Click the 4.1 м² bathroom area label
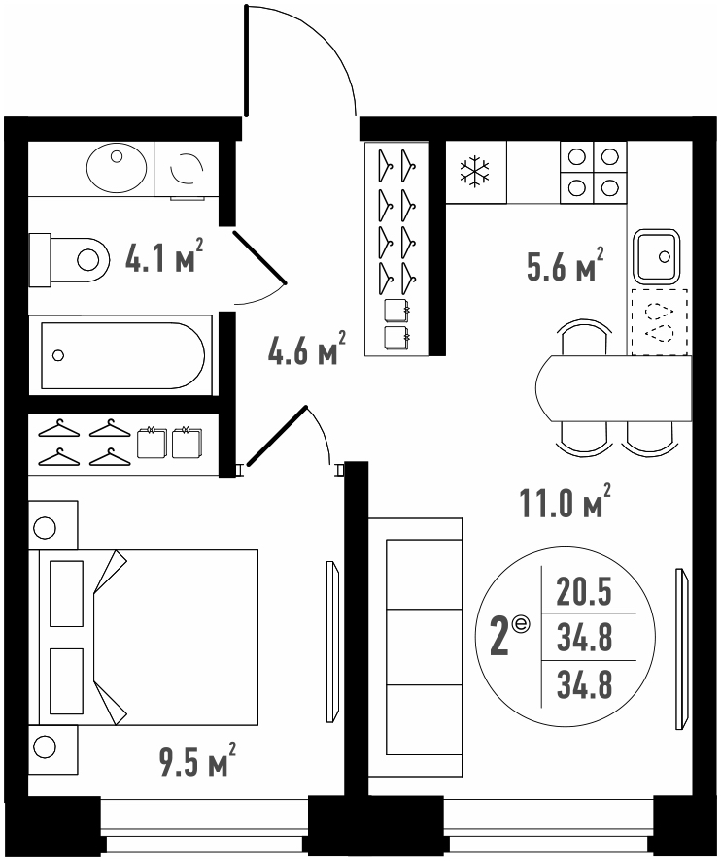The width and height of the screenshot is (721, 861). point(164,256)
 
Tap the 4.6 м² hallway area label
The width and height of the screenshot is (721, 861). point(307,348)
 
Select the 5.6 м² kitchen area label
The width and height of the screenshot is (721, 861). point(565,265)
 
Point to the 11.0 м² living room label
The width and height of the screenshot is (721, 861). point(565,501)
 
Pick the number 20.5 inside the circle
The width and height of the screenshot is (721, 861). point(584,592)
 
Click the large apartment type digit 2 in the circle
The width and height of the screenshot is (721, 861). point(499,638)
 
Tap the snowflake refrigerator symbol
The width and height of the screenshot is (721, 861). point(475,171)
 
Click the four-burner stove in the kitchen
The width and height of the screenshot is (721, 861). point(593,173)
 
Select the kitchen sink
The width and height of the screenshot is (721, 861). point(656,256)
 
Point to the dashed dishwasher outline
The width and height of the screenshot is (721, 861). point(660,321)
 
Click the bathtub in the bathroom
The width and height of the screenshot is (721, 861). point(120,354)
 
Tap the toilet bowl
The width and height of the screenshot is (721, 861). point(68,260)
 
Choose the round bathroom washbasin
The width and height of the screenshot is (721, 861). point(117,168)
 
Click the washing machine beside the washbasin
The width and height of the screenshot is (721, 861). point(187,169)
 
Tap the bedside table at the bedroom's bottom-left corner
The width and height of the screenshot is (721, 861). point(52,749)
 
